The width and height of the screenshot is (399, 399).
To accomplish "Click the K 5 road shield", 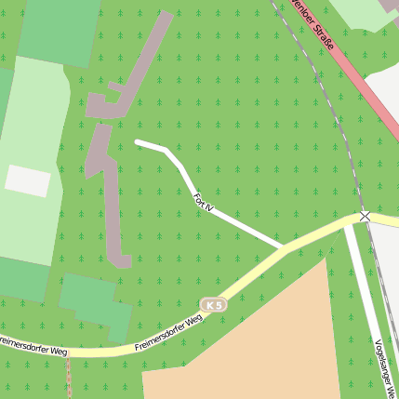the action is (214, 305).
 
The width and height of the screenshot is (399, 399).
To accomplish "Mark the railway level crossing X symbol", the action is (365, 216).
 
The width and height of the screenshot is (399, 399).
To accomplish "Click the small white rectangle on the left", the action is (28, 180).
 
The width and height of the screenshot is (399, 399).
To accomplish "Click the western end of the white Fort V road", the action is (139, 142).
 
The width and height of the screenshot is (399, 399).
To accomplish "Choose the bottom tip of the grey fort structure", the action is (122, 262).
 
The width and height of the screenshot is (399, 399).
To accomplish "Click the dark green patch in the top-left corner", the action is (58, 28).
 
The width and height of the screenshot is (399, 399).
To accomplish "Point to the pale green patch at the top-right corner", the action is (367, 12).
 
